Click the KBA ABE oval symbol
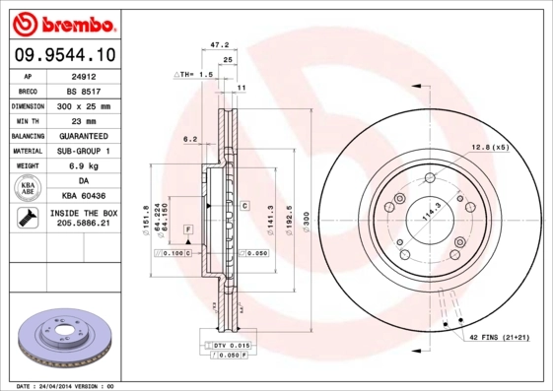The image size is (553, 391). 30,189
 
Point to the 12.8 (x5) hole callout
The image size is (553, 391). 489,147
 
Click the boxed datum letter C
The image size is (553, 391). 243,206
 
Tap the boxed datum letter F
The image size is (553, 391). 186,228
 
